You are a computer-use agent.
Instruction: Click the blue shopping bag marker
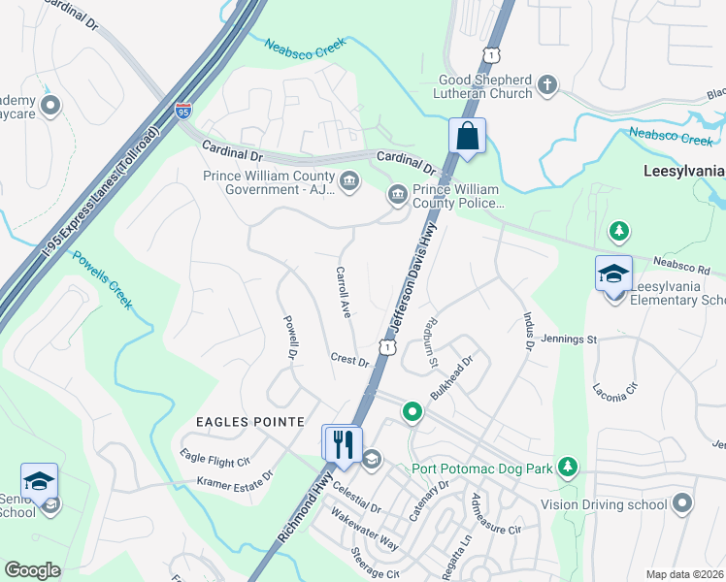(467, 137)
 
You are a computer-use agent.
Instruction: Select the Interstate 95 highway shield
(183, 113)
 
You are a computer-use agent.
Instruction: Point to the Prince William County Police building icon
(397, 195)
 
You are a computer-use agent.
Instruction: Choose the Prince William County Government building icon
(348, 179)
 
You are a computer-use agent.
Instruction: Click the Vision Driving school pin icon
(682, 503)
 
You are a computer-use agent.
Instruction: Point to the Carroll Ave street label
(343, 292)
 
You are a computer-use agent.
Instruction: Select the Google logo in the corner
(32, 569)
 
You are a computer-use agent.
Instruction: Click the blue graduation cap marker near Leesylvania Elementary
(613, 274)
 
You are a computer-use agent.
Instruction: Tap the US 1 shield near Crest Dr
(388, 346)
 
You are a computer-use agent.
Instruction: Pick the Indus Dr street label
(528, 330)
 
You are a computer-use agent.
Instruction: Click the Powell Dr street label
(288, 336)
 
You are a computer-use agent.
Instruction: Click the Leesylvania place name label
(683, 171)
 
